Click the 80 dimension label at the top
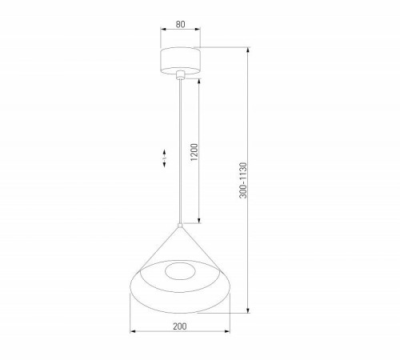pyautogui.click(x=180, y=24)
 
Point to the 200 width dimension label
pyautogui.click(x=180, y=326)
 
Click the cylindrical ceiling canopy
pyautogui.click(x=180, y=61)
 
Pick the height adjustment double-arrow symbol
pyautogui.click(x=164, y=160)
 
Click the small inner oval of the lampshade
pyautogui.click(x=180, y=270)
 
